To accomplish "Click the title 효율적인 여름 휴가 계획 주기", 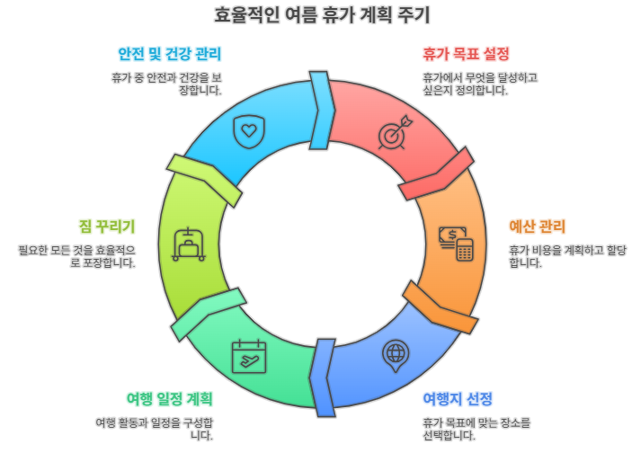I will point(321,15).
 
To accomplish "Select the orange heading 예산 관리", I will point(537,226).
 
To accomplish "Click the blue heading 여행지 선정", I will point(458,398).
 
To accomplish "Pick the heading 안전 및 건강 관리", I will point(169,53).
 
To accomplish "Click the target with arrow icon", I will point(393,131).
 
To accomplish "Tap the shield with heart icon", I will point(248,131).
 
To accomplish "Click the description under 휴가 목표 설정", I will point(479,84).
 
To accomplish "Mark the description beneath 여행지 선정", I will point(476,429).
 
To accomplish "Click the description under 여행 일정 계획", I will point(154,429).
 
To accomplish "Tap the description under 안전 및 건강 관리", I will point(166,84).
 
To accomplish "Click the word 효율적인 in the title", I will point(246,15).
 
